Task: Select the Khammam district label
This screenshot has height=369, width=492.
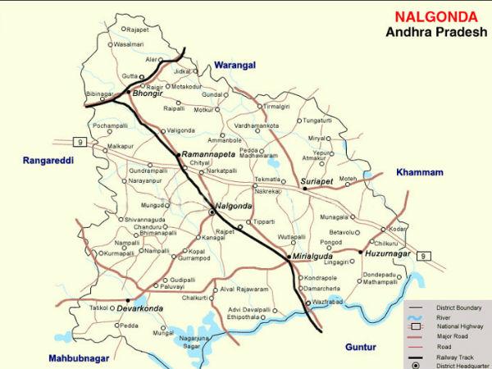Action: [419, 172]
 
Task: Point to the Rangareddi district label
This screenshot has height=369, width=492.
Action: [48, 161]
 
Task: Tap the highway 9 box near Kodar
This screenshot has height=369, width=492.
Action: [423, 257]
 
